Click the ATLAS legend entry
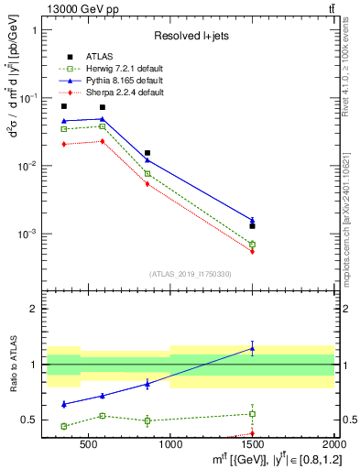(x=98, y=57)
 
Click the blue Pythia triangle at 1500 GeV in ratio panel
(x=253, y=348)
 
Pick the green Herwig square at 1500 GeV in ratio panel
(x=253, y=414)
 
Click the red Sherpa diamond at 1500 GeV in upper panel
(x=253, y=251)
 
